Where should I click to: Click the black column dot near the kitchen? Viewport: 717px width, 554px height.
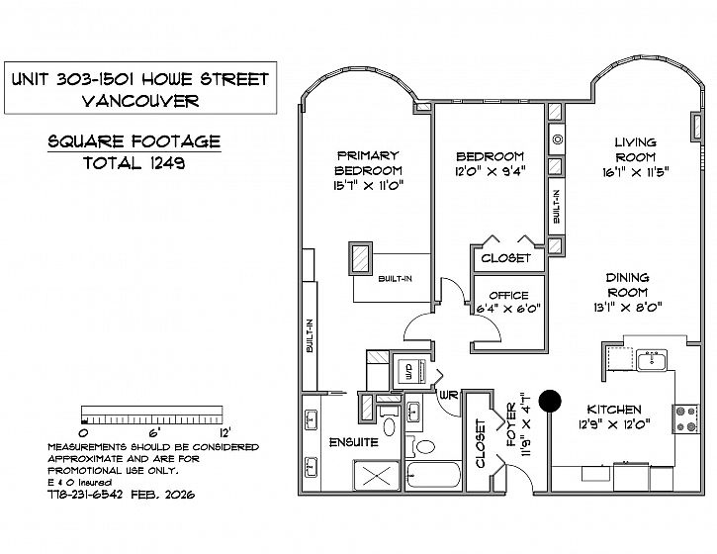[550, 402]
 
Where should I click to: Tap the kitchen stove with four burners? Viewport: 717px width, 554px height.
[685, 419]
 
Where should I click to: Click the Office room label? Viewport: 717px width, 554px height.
[508, 295]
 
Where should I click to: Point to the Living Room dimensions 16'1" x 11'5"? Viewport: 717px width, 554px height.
[636, 172]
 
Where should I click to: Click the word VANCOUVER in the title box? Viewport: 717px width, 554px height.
[140, 101]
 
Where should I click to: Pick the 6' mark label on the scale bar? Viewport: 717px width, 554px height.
[152, 432]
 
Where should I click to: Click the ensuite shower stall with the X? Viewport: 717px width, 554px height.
[377, 475]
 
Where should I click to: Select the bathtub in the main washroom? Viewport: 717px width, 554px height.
[433, 475]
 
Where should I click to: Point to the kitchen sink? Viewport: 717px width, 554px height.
[652, 361]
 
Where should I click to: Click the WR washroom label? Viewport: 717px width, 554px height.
[449, 395]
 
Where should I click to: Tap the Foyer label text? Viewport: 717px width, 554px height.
[511, 424]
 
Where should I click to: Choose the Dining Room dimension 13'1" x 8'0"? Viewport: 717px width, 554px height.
[628, 308]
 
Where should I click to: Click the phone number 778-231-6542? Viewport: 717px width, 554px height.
[85, 495]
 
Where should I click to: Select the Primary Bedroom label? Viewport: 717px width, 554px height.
[368, 163]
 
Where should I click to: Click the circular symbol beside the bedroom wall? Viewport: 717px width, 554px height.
[557, 139]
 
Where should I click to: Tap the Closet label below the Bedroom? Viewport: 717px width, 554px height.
[505, 258]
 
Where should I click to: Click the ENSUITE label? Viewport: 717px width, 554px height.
[354, 442]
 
